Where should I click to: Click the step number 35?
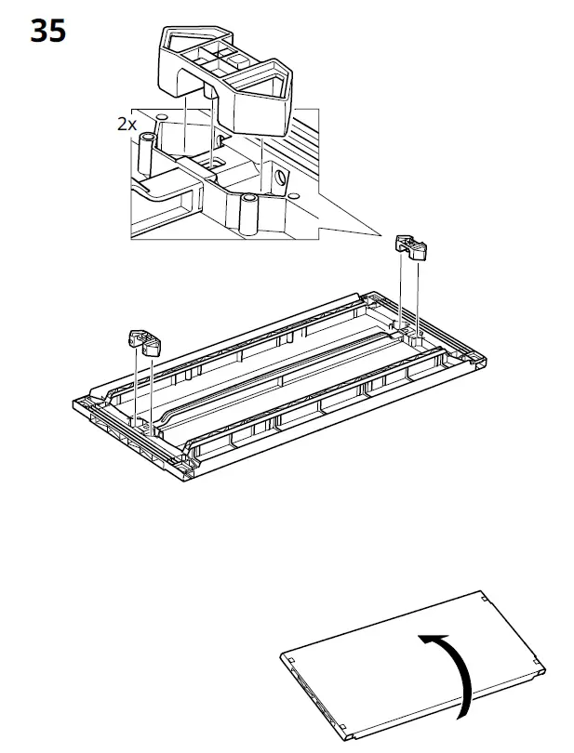pos(48,31)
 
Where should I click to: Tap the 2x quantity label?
pos(127,123)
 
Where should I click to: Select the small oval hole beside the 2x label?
pos(162,118)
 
